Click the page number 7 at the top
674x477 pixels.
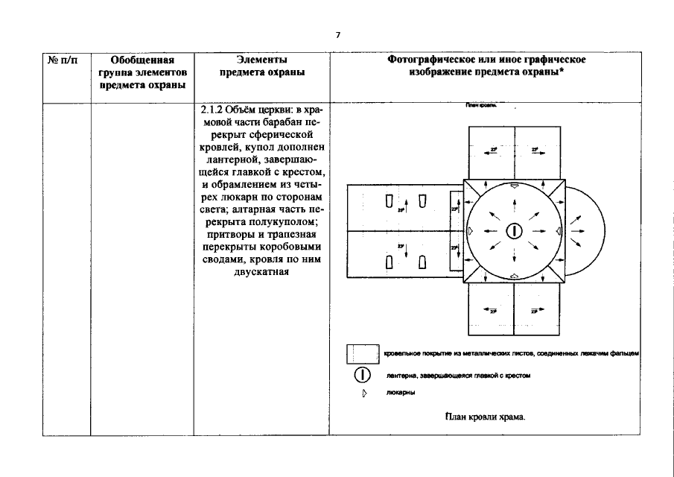(x=337, y=35)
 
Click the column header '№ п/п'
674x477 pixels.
(x=66, y=60)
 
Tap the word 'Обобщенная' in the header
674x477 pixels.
(x=142, y=60)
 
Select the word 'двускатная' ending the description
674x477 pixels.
(x=261, y=271)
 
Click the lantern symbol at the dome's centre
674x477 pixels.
(x=513, y=231)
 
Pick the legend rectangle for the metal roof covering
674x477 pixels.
(x=363, y=353)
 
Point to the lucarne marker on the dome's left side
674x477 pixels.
(x=470, y=231)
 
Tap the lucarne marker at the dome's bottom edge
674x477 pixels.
(x=513, y=276)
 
